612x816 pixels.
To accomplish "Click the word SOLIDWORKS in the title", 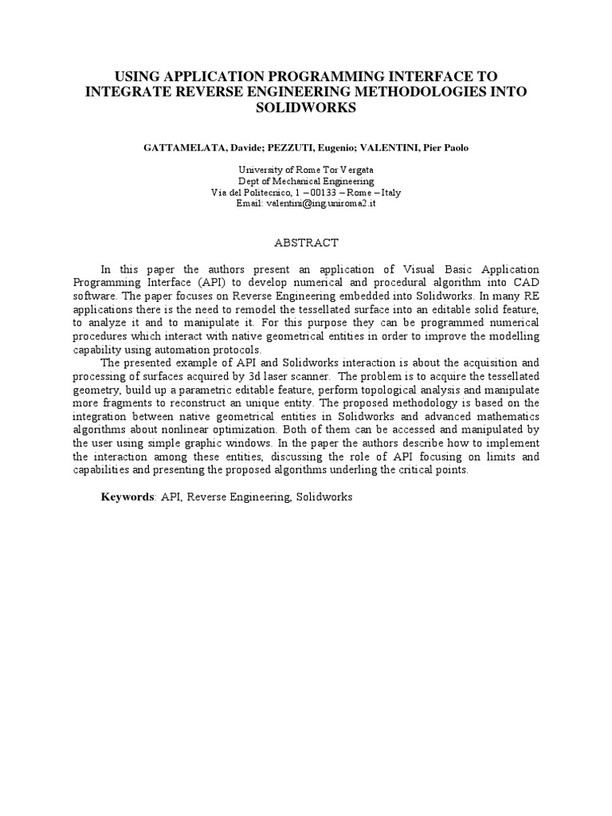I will pos(305,107).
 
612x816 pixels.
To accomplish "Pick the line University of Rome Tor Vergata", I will pos(306,170).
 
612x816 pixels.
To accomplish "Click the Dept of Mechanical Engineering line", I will pos(306,181).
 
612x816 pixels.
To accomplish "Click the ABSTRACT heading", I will pos(306,242).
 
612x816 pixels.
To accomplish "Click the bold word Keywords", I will pos(127,496).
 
